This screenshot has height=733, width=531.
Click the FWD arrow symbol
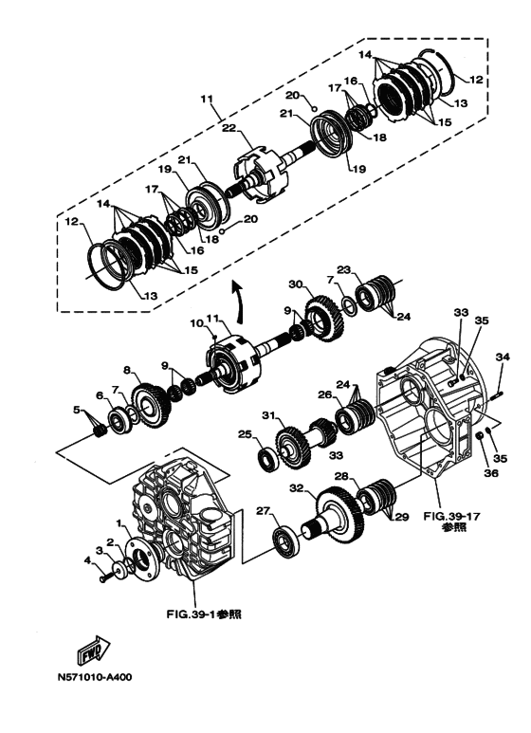[93, 651]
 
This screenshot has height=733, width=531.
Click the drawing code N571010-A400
[95, 677]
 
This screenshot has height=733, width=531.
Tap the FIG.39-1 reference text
[204, 614]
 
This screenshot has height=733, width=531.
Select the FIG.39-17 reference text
[451, 522]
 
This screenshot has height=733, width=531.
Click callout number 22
[229, 129]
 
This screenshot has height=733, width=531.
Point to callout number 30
[296, 284]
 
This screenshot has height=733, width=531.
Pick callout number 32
[297, 488]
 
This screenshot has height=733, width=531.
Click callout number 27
[264, 511]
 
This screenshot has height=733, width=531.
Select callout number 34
[503, 357]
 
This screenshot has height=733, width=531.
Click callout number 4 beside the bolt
[87, 559]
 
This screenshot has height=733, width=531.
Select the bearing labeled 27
[284, 541]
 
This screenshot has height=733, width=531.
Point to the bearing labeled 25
[269, 460]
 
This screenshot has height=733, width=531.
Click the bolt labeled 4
[104, 578]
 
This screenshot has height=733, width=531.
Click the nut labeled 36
[479, 436]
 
